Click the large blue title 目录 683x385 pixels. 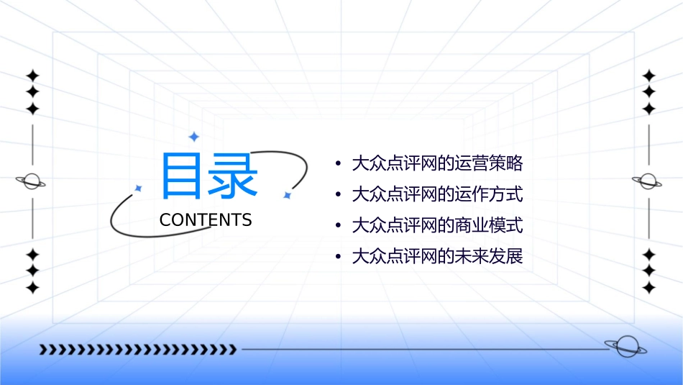click(x=208, y=176)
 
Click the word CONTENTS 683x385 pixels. click(x=206, y=220)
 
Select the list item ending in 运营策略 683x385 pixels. click(x=436, y=163)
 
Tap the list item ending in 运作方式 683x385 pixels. click(x=436, y=194)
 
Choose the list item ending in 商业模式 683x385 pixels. click(x=436, y=225)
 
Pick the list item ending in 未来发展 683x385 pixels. click(x=436, y=256)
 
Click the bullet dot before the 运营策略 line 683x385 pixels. click(x=338, y=164)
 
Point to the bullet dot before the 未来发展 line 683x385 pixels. click(x=338, y=257)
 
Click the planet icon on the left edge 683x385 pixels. click(x=32, y=181)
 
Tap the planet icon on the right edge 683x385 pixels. click(x=648, y=181)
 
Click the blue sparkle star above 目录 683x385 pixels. click(x=193, y=136)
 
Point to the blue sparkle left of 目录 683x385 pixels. click(x=139, y=188)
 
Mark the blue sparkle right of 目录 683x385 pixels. click(x=287, y=195)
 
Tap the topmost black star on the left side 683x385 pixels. click(x=32, y=76)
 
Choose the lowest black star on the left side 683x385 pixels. click(x=32, y=288)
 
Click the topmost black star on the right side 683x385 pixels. click(x=649, y=76)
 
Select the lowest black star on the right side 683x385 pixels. click(x=649, y=288)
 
